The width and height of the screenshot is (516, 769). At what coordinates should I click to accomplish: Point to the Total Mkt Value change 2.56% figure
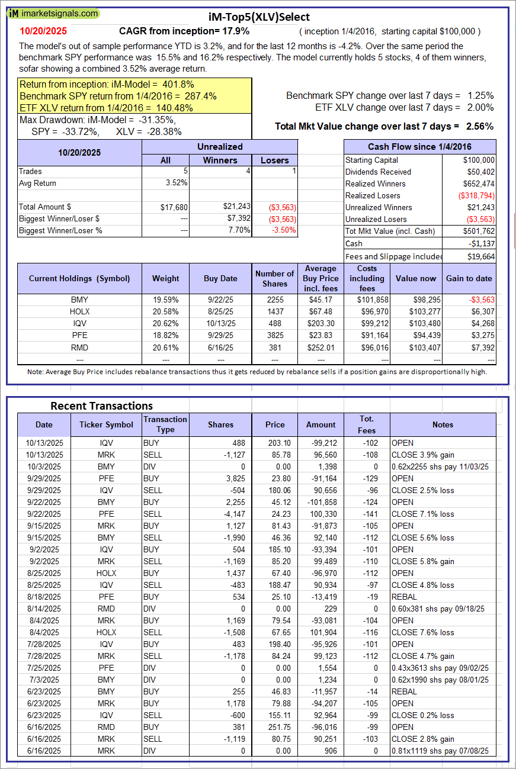tap(480, 126)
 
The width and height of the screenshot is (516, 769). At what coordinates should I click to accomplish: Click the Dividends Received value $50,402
tap(479, 172)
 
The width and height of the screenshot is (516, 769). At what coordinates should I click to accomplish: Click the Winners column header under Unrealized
tap(220, 160)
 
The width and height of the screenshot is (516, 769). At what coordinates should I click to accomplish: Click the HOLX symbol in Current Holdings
tap(79, 311)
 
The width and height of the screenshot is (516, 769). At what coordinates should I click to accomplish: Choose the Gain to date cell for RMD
tap(481, 347)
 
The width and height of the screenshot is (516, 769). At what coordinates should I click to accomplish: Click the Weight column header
tap(165, 278)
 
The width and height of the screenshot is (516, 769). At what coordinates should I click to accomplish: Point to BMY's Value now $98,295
tap(424, 300)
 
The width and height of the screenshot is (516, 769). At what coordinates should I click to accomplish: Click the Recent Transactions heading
tap(101, 406)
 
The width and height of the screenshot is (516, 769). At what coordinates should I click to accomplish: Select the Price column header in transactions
tap(275, 424)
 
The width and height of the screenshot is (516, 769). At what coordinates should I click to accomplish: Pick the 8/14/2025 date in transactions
tap(43, 609)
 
